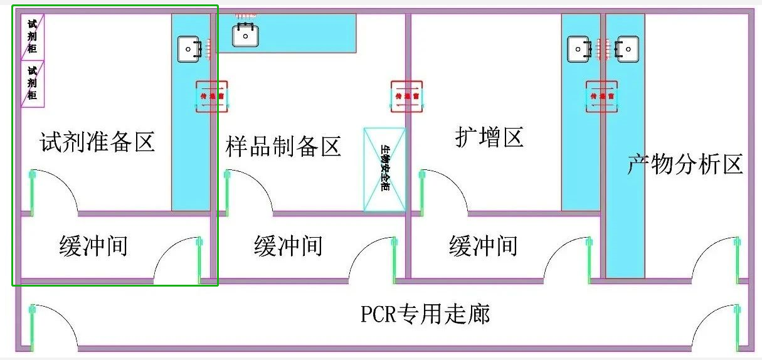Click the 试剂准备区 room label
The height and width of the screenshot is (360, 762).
(97, 142)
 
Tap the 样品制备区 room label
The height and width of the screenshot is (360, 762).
(283, 146)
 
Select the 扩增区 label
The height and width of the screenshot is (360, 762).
(489, 137)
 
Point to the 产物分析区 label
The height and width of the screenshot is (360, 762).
(685, 164)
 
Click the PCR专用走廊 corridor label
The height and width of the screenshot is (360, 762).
(425, 313)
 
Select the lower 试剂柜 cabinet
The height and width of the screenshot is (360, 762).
(33, 83)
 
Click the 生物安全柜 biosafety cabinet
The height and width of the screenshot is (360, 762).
(385, 169)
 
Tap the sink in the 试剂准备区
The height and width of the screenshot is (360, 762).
(189, 49)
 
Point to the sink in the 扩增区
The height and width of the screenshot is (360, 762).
(579, 49)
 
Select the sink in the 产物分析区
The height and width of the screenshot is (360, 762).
(627, 49)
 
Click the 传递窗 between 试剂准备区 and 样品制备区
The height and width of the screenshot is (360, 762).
(211, 97)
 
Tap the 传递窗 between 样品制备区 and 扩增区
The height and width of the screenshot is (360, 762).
(406, 97)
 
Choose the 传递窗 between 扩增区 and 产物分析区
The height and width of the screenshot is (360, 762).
(601, 97)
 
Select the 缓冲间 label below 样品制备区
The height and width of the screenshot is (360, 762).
(288, 245)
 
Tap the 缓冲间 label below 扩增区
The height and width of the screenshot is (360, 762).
(483, 245)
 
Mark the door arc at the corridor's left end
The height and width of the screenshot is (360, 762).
(53, 326)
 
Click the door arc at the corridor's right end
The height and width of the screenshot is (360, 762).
(715, 326)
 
